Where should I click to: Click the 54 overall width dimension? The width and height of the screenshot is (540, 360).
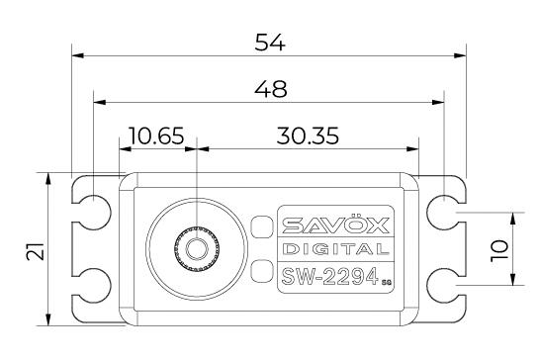pos(270,43)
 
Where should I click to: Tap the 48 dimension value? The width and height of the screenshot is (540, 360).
pos(271,89)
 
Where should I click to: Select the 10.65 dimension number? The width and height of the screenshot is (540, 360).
pos(156,135)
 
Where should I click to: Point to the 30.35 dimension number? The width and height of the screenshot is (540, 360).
pos(308,135)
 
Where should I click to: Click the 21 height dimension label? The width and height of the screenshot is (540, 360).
pos(36,251)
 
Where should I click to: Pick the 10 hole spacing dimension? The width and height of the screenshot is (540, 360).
pos(499,251)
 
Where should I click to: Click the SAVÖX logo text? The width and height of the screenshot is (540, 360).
pos(335,225)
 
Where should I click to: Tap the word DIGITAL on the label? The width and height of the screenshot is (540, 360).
pos(335,249)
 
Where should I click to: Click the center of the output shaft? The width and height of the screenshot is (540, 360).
pos(197,248)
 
